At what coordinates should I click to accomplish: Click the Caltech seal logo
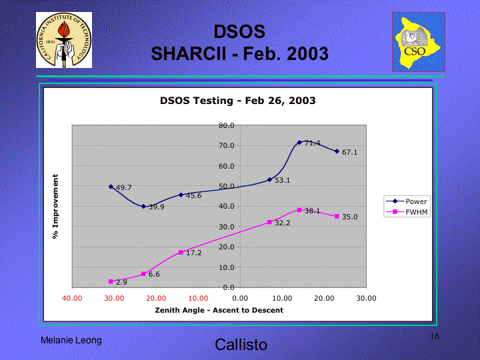pyautogui.click(x=64, y=40)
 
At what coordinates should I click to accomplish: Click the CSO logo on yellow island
pyautogui.click(x=419, y=42)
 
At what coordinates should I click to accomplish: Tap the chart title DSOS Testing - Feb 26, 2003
pyautogui.click(x=237, y=101)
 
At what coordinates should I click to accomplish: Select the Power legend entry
pyautogui.click(x=407, y=201)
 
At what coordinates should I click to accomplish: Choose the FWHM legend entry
pyautogui.click(x=407, y=212)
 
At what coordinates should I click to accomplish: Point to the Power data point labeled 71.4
pyautogui.click(x=299, y=143)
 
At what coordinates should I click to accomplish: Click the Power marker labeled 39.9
pyautogui.click(x=143, y=206)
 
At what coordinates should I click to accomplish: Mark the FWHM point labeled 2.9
pyautogui.click(x=111, y=281)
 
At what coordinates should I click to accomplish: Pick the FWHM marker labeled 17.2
pyautogui.click(x=181, y=252)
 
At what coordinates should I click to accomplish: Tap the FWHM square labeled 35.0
pyautogui.click(x=337, y=216)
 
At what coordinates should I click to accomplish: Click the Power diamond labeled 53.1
pyautogui.click(x=269, y=180)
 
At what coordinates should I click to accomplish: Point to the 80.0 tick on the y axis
pyautogui.click(x=227, y=125)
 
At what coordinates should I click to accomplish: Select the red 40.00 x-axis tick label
pyautogui.click(x=72, y=298)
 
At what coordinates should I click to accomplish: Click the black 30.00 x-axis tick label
pyautogui.click(x=366, y=298)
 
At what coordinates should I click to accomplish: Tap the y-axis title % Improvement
pyautogui.click(x=55, y=206)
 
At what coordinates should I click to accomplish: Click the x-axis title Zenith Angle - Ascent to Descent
pyautogui.click(x=219, y=310)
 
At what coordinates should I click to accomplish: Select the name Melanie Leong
pyautogui.click(x=71, y=340)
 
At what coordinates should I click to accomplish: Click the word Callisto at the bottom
pyautogui.click(x=241, y=345)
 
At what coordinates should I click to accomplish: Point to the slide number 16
pyautogui.click(x=435, y=336)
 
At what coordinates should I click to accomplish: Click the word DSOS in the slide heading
pyautogui.click(x=239, y=31)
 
